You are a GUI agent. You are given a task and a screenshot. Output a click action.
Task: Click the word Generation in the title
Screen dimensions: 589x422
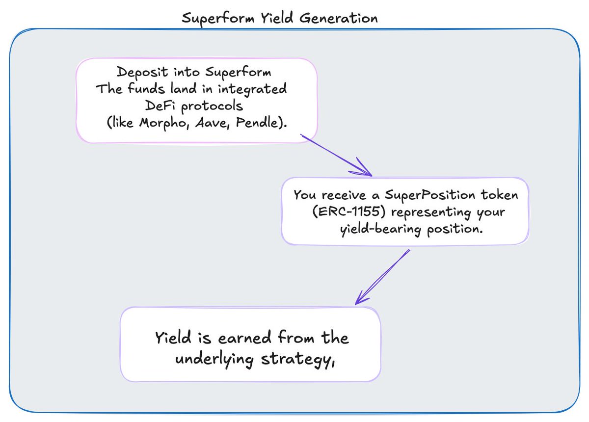[x=338, y=18]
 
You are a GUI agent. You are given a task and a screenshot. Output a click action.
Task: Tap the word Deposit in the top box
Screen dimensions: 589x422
[x=142, y=72]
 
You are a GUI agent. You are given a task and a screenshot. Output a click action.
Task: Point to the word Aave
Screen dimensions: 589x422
[x=212, y=123]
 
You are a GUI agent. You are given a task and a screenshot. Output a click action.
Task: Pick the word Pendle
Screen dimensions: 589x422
[x=256, y=122]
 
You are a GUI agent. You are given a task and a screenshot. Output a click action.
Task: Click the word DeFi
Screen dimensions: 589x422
[x=160, y=105]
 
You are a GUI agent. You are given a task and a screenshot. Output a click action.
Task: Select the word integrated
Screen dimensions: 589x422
[x=252, y=89]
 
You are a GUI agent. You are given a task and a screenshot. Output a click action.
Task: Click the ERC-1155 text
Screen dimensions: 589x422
[x=349, y=211]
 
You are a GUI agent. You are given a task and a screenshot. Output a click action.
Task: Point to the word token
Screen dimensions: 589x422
[x=499, y=195]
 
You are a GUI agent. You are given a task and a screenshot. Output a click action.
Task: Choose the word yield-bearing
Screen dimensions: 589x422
[x=380, y=229]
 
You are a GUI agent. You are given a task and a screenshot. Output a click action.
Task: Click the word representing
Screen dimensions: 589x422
[x=431, y=212]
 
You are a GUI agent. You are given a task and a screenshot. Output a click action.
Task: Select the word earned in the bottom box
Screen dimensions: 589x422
[x=244, y=338]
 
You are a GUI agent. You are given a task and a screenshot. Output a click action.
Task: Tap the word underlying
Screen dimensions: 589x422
[x=214, y=359]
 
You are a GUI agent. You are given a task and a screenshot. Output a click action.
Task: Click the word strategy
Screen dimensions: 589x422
[x=297, y=360]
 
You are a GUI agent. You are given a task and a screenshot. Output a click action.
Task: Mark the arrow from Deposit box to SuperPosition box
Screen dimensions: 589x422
[x=336, y=155]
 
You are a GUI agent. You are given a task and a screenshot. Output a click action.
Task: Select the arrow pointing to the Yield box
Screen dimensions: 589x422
[x=382, y=277]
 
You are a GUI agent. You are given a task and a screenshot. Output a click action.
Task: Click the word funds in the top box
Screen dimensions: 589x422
[x=146, y=88]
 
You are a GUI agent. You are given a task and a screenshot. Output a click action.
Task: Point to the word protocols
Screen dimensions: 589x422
[x=212, y=106]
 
